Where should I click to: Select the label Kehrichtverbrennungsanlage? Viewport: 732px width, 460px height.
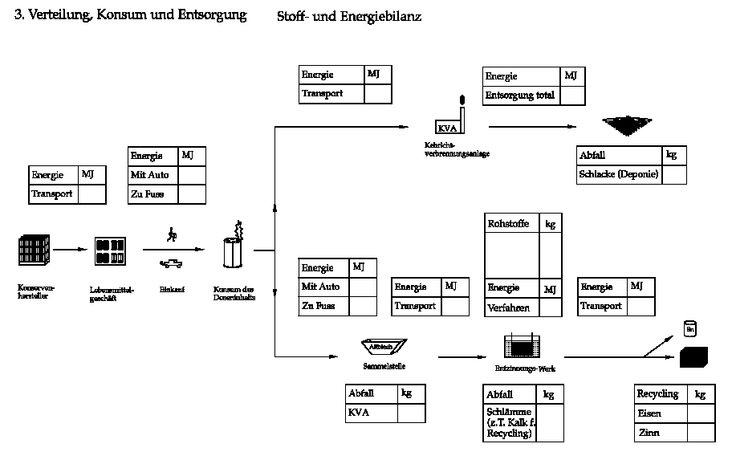pos(458,149)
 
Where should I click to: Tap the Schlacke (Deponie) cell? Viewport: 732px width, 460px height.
pos(619,174)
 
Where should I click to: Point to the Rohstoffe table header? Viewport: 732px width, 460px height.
pos(509,224)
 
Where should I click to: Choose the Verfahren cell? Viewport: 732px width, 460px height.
pos(509,307)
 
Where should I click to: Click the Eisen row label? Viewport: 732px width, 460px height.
pos(649,413)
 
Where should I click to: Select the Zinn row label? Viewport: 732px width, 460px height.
pos(649,433)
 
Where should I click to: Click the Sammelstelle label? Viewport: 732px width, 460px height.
pos(384,366)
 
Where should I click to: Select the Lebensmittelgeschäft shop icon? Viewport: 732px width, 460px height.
pos(110,251)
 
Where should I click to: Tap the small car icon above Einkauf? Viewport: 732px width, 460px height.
pos(170,263)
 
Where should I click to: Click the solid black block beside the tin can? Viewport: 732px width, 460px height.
pos(693,356)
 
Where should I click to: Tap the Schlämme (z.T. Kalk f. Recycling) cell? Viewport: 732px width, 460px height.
pos(509,423)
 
